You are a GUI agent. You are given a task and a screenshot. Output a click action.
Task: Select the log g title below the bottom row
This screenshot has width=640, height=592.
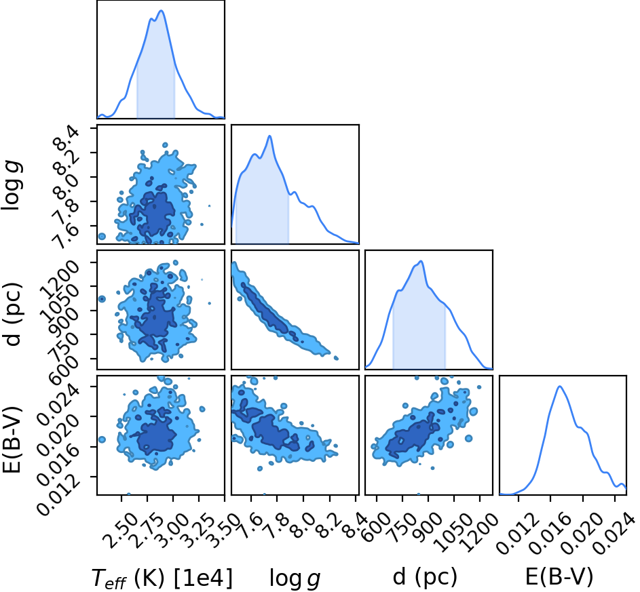(295, 578)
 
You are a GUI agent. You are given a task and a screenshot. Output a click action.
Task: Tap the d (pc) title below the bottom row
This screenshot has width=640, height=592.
(425, 577)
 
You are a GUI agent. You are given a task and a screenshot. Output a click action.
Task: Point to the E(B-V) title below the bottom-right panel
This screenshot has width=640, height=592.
(559, 577)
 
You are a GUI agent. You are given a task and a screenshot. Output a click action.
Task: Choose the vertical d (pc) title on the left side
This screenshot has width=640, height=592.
(12, 314)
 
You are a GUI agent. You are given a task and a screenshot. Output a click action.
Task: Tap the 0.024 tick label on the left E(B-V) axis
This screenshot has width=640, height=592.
(59, 401)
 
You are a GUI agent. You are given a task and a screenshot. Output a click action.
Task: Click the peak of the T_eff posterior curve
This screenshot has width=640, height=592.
(162, 11)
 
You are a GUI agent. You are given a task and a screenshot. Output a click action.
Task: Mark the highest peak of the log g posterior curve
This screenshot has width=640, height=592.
(269, 136)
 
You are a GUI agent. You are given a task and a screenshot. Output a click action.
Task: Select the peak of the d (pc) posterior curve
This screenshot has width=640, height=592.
(421, 261)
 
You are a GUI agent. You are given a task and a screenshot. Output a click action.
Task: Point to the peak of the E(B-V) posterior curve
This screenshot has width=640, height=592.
(560, 386)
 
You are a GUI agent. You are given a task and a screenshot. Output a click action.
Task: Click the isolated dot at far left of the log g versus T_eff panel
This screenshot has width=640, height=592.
(102, 237)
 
